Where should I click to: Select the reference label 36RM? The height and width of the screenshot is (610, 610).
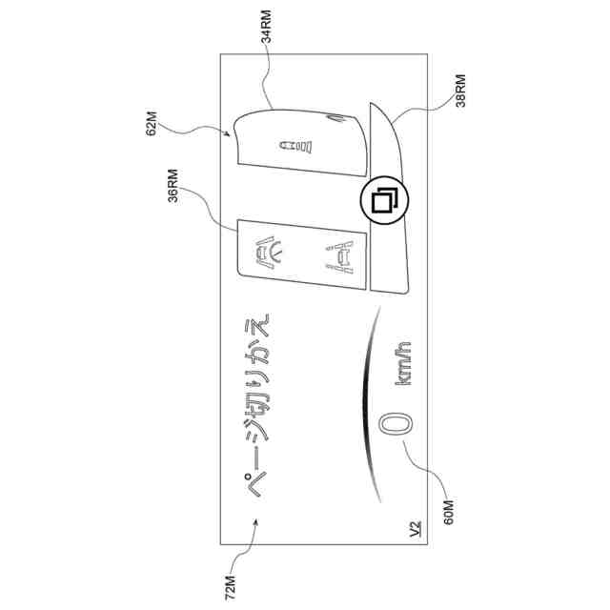[173, 189]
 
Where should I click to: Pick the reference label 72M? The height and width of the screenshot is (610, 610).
[229, 578]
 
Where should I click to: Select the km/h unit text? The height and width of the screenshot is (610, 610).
[404, 372]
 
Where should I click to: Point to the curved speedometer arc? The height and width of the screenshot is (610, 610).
[366, 410]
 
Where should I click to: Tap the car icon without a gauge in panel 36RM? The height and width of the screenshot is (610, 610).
[339, 254]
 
